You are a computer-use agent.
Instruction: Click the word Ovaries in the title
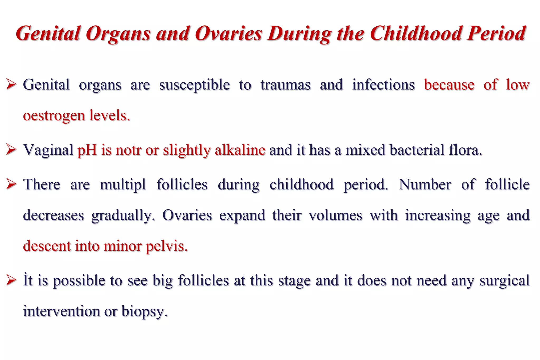click(228, 33)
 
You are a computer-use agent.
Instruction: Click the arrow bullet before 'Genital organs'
click(12, 85)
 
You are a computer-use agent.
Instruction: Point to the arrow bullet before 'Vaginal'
click(12, 150)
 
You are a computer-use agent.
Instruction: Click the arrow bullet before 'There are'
click(12, 184)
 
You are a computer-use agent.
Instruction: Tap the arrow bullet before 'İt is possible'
click(12, 280)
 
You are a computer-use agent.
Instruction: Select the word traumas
click(286, 85)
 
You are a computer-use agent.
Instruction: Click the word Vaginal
click(48, 150)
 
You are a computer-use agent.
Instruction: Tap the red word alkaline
click(240, 150)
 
